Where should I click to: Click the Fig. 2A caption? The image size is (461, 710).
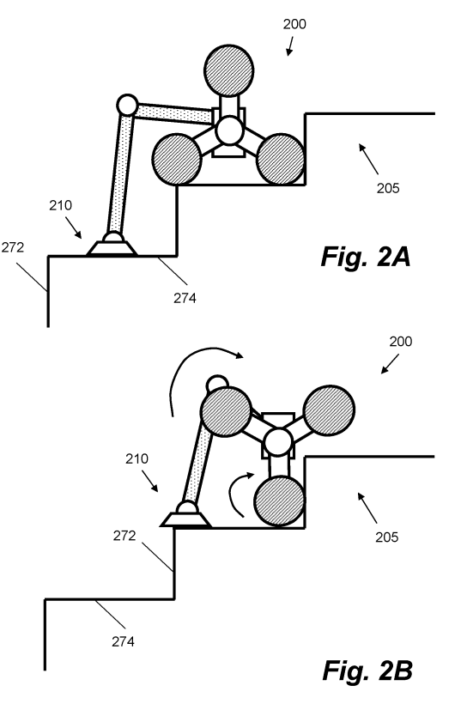tap(366, 258)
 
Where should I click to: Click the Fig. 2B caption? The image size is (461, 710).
tap(367, 671)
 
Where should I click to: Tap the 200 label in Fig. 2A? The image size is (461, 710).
tap(294, 24)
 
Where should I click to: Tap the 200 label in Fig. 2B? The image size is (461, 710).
tap(400, 342)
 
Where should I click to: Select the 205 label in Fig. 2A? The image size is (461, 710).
tap(388, 188)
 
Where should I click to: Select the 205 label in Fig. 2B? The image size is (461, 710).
tap(386, 537)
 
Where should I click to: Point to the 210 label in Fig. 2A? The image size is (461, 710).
tap(60, 205)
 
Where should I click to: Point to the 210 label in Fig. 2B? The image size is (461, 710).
tap(136, 459)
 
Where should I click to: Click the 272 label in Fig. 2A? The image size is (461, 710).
tap(12, 248)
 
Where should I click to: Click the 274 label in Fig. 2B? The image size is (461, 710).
tap(123, 641)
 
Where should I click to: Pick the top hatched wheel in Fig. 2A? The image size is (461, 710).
tap(228, 70)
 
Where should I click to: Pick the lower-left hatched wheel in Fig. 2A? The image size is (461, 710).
tap(177, 160)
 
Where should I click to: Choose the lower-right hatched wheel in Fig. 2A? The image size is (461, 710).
tap(281, 160)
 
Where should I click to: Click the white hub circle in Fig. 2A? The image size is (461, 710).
tap(228, 130)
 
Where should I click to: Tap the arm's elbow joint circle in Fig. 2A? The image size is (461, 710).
tap(127, 106)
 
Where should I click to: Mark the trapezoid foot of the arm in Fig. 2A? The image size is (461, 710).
tap(112, 248)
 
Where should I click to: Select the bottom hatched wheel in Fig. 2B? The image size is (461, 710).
tap(279, 501)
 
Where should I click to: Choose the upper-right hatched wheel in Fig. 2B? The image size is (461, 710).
tap(329, 410)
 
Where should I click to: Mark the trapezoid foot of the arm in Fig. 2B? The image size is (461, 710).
tap(185, 519)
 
